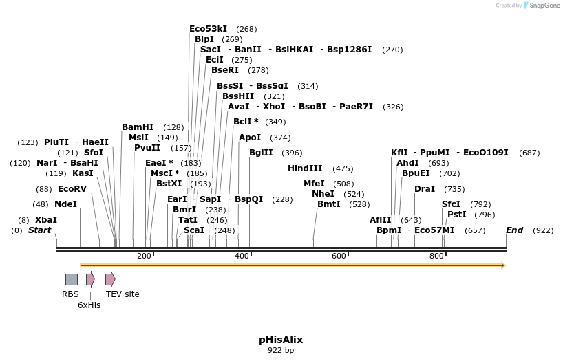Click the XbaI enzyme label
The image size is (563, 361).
point(46,220)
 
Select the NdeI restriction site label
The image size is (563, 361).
point(65,204)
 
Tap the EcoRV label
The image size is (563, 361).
point(72,189)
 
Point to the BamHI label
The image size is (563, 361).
point(138,127)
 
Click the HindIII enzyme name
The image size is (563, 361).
point(305,168)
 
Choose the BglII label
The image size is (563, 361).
point(261,153)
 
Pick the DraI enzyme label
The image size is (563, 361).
point(425,189)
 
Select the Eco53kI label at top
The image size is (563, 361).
point(209,29)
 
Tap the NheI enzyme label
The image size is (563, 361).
point(323,194)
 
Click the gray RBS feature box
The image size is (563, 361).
point(72,279)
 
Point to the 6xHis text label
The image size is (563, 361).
point(89,305)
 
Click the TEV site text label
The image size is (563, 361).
point(123,294)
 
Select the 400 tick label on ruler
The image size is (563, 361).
point(242,256)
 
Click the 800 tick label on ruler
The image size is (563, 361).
point(437,256)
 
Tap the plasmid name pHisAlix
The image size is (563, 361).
point(281,340)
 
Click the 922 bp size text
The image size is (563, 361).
point(281,351)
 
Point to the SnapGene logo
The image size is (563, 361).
point(540,6)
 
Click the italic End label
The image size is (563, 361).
point(515,230)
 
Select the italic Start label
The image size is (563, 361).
point(39,230)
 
